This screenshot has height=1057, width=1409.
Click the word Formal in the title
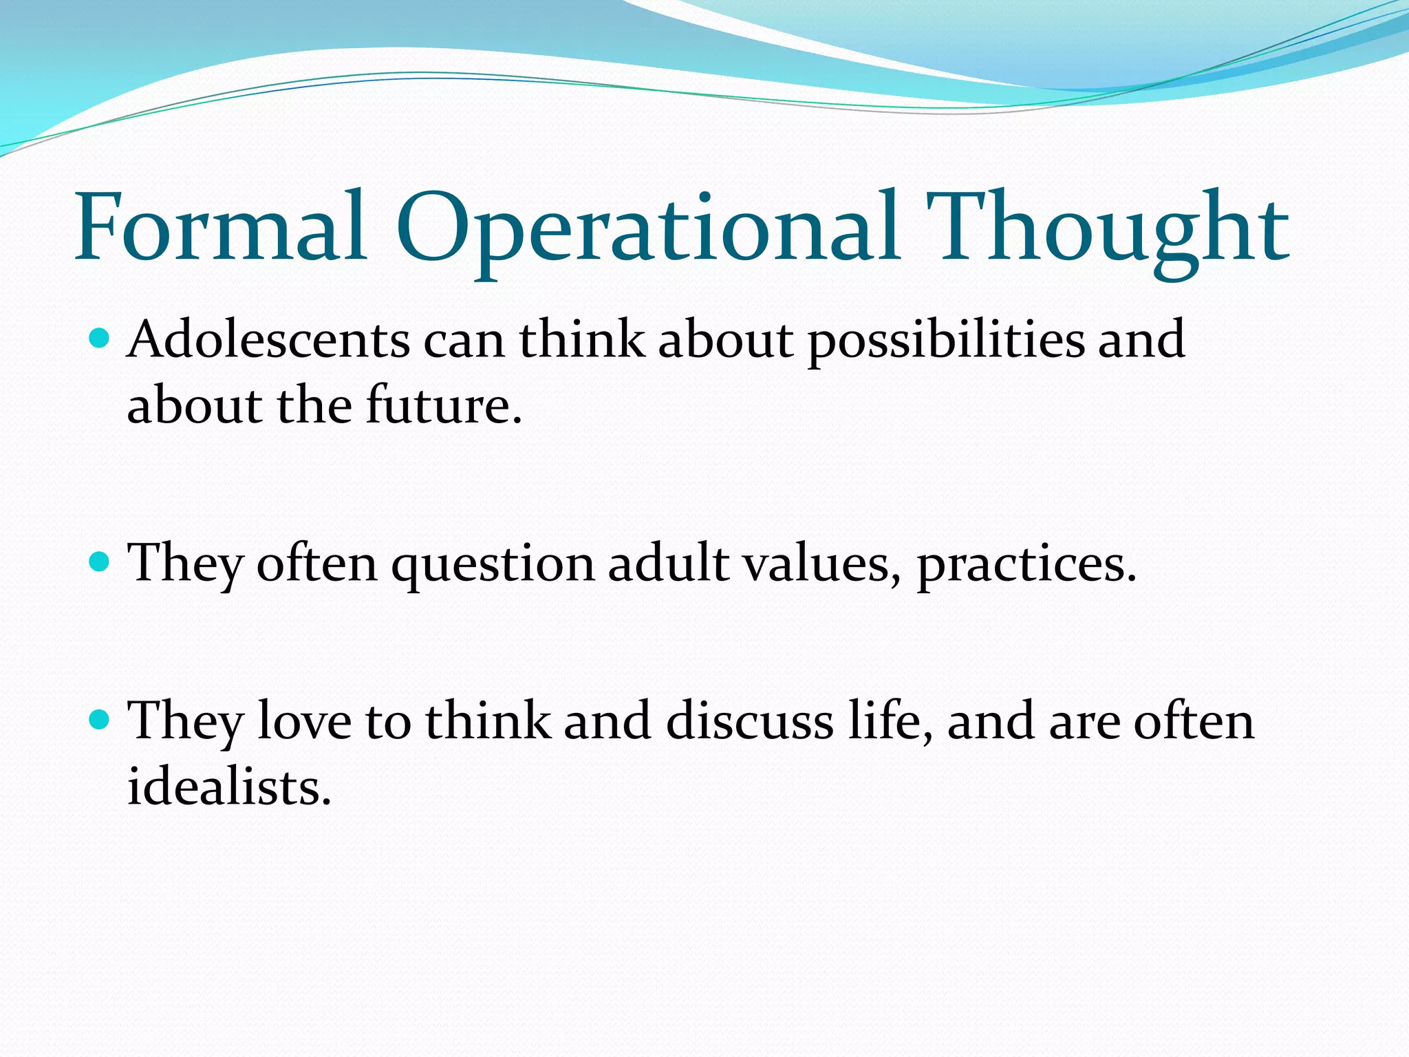tap(220, 227)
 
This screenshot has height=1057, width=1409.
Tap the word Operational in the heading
tap(647, 231)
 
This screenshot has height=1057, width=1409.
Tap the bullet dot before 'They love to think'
tap(100, 720)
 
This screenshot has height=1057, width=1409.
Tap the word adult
tap(668, 563)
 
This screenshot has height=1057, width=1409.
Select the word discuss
tap(749, 720)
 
